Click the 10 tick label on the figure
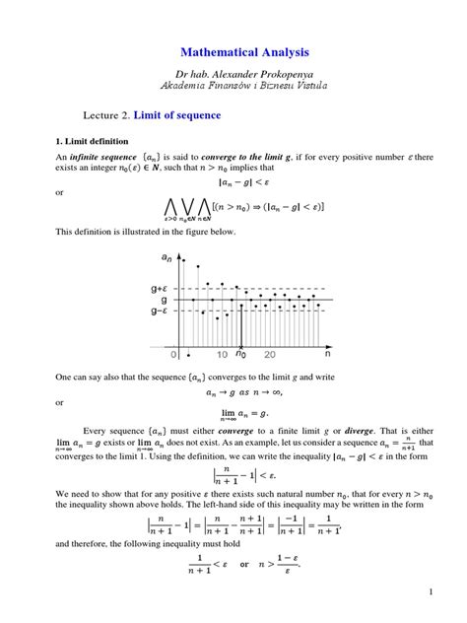(224, 352)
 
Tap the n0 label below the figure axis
(242, 352)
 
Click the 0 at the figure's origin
(174, 352)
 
